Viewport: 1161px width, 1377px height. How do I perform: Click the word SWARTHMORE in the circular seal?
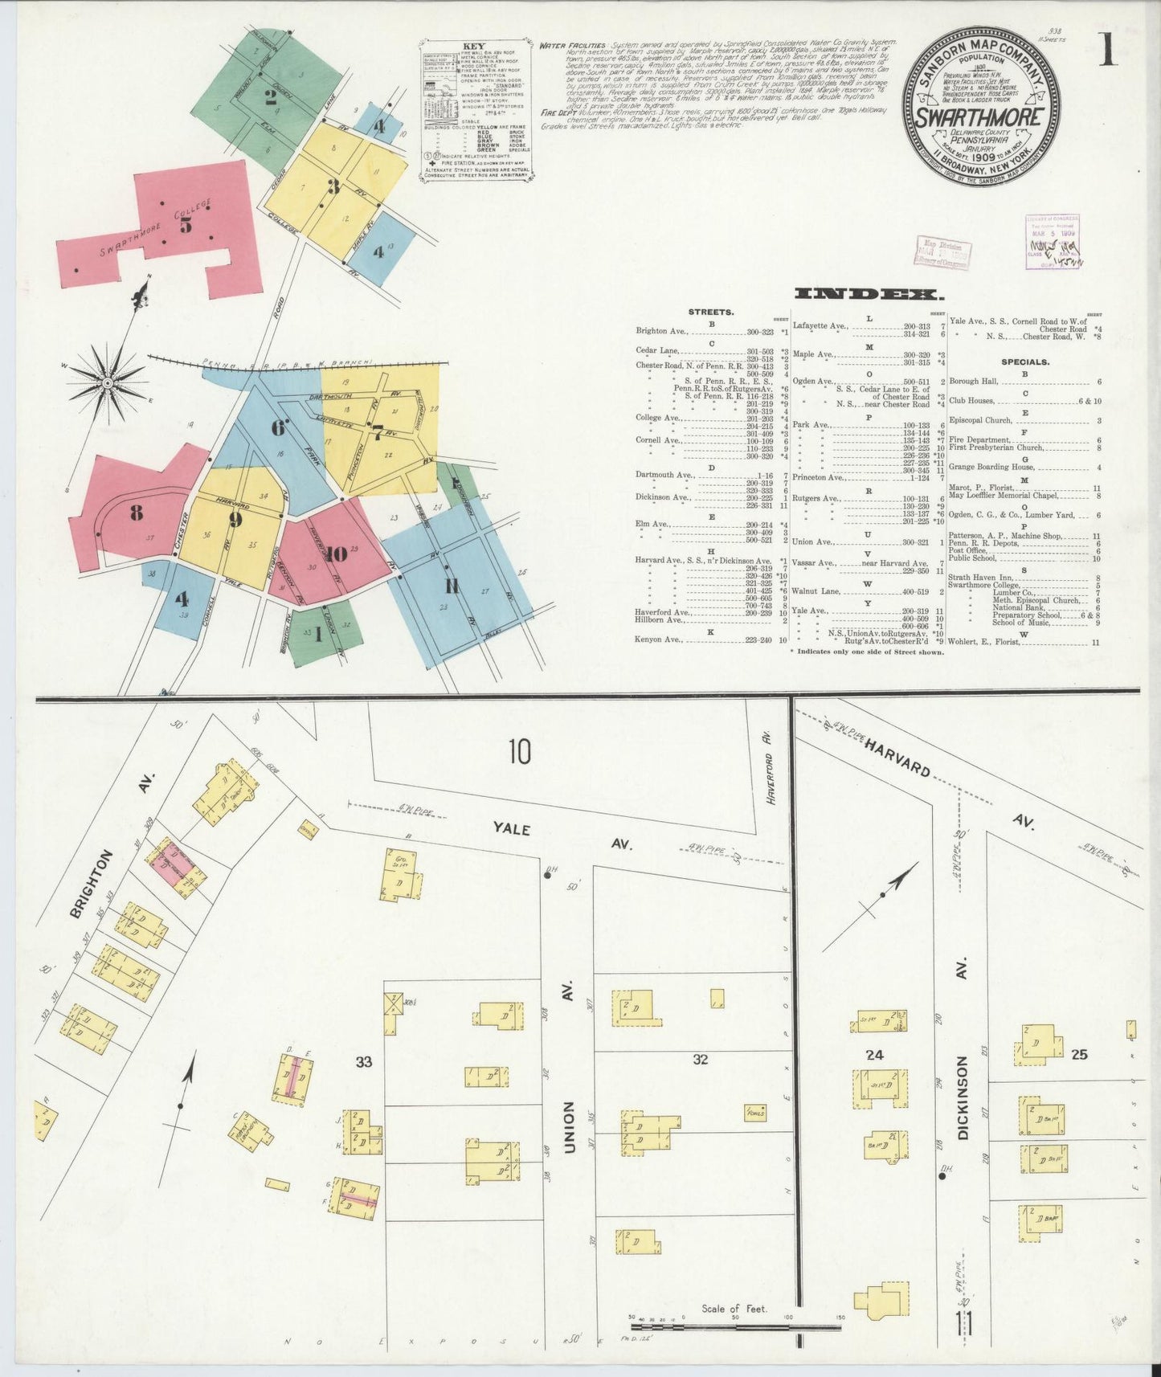(980, 117)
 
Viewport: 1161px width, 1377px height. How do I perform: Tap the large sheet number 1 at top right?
(1107, 50)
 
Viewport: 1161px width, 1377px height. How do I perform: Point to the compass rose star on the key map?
(108, 382)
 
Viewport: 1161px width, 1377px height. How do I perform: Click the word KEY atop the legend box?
(473, 47)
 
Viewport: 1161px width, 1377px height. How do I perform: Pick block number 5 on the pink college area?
(186, 226)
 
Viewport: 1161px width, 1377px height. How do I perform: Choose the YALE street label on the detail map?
(512, 828)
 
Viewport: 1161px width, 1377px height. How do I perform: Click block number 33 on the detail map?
(364, 1062)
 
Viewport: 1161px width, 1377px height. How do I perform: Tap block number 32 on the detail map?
(701, 1060)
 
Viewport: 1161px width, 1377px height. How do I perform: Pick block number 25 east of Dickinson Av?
(1079, 1054)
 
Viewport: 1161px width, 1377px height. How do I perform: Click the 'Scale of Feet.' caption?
(734, 1309)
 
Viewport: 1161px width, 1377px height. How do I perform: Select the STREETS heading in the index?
(710, 312)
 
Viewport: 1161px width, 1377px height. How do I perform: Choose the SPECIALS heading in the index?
(1025, 362)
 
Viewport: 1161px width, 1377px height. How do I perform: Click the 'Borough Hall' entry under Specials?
(972, 382)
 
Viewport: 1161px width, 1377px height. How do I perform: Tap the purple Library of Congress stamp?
(1053, 241)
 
